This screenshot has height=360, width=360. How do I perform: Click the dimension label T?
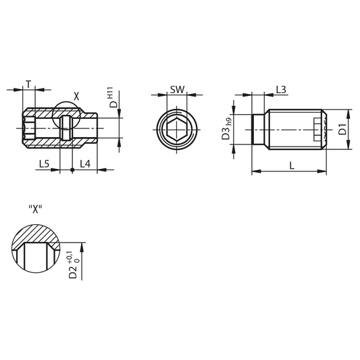(28, 84)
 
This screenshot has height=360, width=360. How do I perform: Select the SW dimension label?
(177, 90)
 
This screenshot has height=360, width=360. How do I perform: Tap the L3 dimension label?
(281, 90)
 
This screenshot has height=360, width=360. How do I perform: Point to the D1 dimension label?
(342, 129)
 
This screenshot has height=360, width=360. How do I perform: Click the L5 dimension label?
(45, 164)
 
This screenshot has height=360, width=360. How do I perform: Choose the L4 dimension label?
(85, 164)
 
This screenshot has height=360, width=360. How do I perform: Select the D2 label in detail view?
(73, 272)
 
